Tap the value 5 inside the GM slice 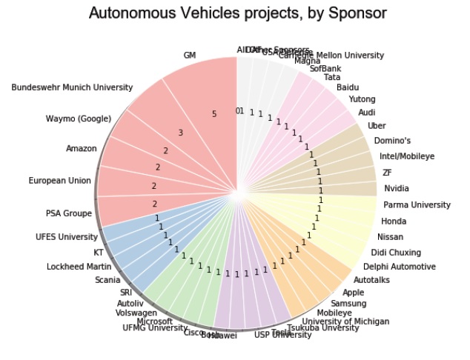click(x=214, y=114)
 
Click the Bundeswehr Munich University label click(x=73, y=87)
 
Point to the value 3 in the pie click(x=180, y=133)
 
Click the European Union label click(x=59, y=180)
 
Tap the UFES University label click(x=67, y=237)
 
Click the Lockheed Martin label click(x=79, y=267)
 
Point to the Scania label click(x=107, y=280)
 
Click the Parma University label click(x=417, y=204)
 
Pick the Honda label click(x=393, y=221)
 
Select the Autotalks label click(x=371, y=280)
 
